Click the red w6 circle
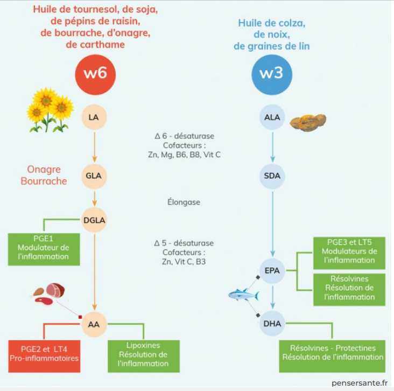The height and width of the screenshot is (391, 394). point(95,73)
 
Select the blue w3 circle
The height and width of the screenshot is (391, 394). point(272,74)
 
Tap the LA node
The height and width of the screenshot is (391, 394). point(95,117)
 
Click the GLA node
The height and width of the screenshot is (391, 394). point(95,176)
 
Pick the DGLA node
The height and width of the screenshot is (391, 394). point(95,219)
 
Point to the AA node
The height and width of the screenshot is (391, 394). point(95,324)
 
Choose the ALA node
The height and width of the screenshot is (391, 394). point(272,117)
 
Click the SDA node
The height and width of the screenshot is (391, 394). point(272,176)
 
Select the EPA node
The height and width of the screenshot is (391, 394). point(272,271)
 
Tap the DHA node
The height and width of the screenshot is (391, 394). point(272,324)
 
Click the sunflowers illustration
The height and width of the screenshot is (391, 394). point(50,110)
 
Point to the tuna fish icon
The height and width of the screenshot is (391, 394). point(243,295)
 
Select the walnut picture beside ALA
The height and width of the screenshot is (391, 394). point(308,122)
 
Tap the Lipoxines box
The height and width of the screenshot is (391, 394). point(143,354)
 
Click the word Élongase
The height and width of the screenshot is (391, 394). point(184,203)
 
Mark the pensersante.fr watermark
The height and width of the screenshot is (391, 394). point(360,383)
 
